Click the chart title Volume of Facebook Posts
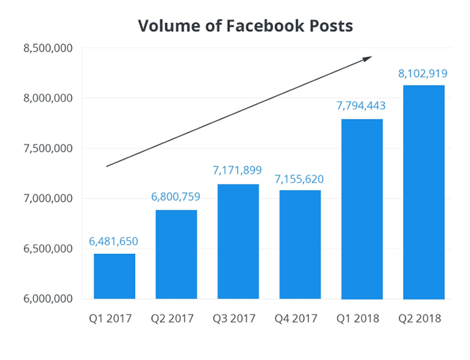click(x=245, y=26)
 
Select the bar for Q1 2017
click(x=114, y=276)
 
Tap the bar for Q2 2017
click(x=176, y=255)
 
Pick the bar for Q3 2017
click(x=238, y=242)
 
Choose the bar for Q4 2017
click(x=300, y=245)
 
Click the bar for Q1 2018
click(x=361, y=209)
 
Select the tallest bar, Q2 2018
click(x=423, y=192)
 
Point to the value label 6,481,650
click(x=114, y=241)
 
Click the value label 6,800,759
click(x=176, y=197)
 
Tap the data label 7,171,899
click(x=238, y=170)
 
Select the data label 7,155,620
click(x=300, y=179)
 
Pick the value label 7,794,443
click(x=361, y=105)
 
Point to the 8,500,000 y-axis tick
click(x=48, y=48)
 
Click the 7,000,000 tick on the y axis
click(x=48, y=198)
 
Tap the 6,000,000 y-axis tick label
click(x=48, y=299)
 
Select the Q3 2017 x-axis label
click(x=238, y=319)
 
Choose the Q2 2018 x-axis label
click(x=423, y=319)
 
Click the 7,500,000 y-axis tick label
click(x=48, y=149)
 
